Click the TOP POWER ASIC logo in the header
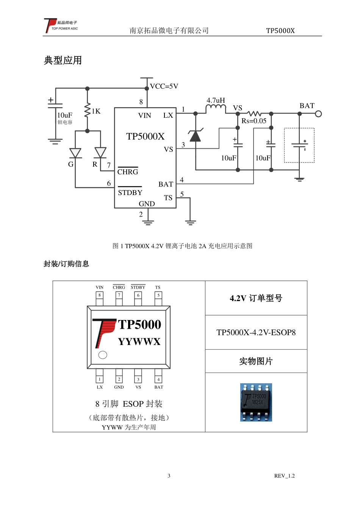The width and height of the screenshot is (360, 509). click(61, 26)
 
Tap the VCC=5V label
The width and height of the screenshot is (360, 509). click(164, 86)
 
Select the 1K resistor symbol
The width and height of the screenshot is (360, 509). click(88, 110)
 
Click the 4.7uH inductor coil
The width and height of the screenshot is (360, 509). click(216, 109)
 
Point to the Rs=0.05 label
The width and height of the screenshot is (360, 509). click(254, 121)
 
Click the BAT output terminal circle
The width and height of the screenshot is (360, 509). click(318, 114)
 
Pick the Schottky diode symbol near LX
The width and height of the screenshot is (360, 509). click(195, 136)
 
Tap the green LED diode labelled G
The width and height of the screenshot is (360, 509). click(75, 153)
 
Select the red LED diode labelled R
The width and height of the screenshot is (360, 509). click(100, 153)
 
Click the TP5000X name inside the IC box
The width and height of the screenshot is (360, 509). click(146, 136)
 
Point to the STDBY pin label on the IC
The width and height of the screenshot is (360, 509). click(130, 192)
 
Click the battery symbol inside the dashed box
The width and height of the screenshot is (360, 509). click(299, 145)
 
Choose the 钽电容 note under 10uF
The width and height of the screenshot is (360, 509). click(65, 122)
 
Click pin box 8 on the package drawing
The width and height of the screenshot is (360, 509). click(100, 295)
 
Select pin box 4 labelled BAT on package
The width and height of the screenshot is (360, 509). click(158, 379)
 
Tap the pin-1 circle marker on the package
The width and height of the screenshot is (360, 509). click(103, 355)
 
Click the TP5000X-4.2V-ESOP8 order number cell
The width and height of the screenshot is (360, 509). click(256, 333)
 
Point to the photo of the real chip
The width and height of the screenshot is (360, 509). click(256, 402)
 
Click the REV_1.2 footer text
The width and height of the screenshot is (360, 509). click(284, 476)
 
